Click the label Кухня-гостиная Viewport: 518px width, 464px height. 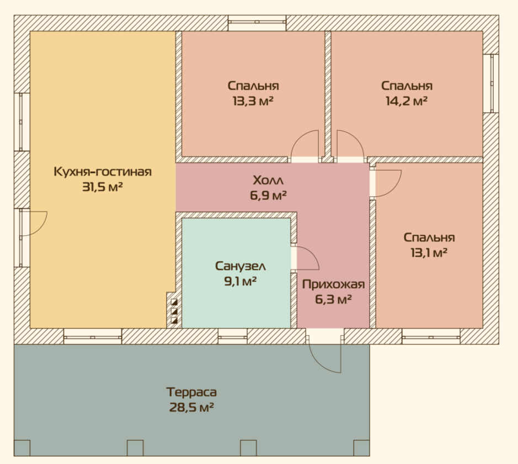click(x=103, y=172)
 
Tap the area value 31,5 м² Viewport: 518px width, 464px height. click(x=103, y=187)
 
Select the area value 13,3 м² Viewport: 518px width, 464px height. click(x=253, y=101)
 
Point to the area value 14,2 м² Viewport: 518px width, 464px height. click(x=407, y=101)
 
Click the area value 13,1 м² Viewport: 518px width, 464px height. click(x=429, y=253)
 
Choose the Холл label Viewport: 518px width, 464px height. click(x=268, y=181)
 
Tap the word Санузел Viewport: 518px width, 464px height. click(x=241, y=266)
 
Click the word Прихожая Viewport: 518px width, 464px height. click(x=333, y=284)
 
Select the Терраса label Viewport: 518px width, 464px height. click(x=191, y=392)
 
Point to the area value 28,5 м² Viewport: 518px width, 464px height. click(x=191, y=408)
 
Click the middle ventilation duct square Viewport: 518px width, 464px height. click(x=174, y=311)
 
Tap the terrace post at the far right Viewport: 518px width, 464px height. click(x=361, y=448)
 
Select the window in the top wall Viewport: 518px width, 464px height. click(x=257, y=22)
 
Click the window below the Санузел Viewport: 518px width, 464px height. click(x=233, y=337)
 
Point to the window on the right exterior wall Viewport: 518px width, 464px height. click(x=491, y=83)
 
